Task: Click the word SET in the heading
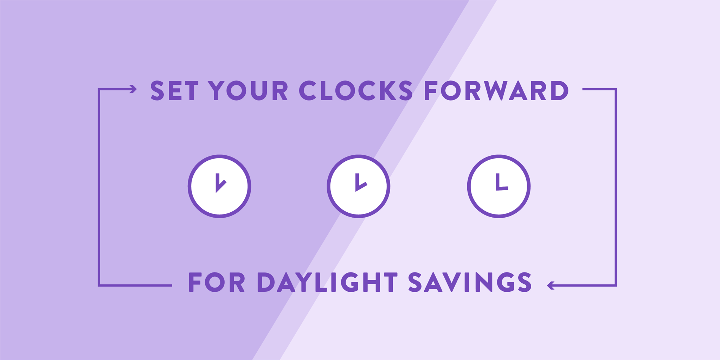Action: point(174,91)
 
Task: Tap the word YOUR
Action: point(248,91)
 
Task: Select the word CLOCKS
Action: point(356,91)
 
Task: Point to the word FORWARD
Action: point(496,91)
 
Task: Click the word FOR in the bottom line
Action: point(217,282)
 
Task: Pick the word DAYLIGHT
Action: point(327,282)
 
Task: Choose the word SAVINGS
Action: point(470,282)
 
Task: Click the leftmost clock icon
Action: point(219,186)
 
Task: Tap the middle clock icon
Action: point(359,186)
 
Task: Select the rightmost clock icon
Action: point(499,186)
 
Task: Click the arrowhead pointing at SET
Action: point(133,89)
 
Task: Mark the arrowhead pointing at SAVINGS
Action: point(551,285)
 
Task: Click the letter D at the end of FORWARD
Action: point(560,91)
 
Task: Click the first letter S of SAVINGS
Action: point(415,282)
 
